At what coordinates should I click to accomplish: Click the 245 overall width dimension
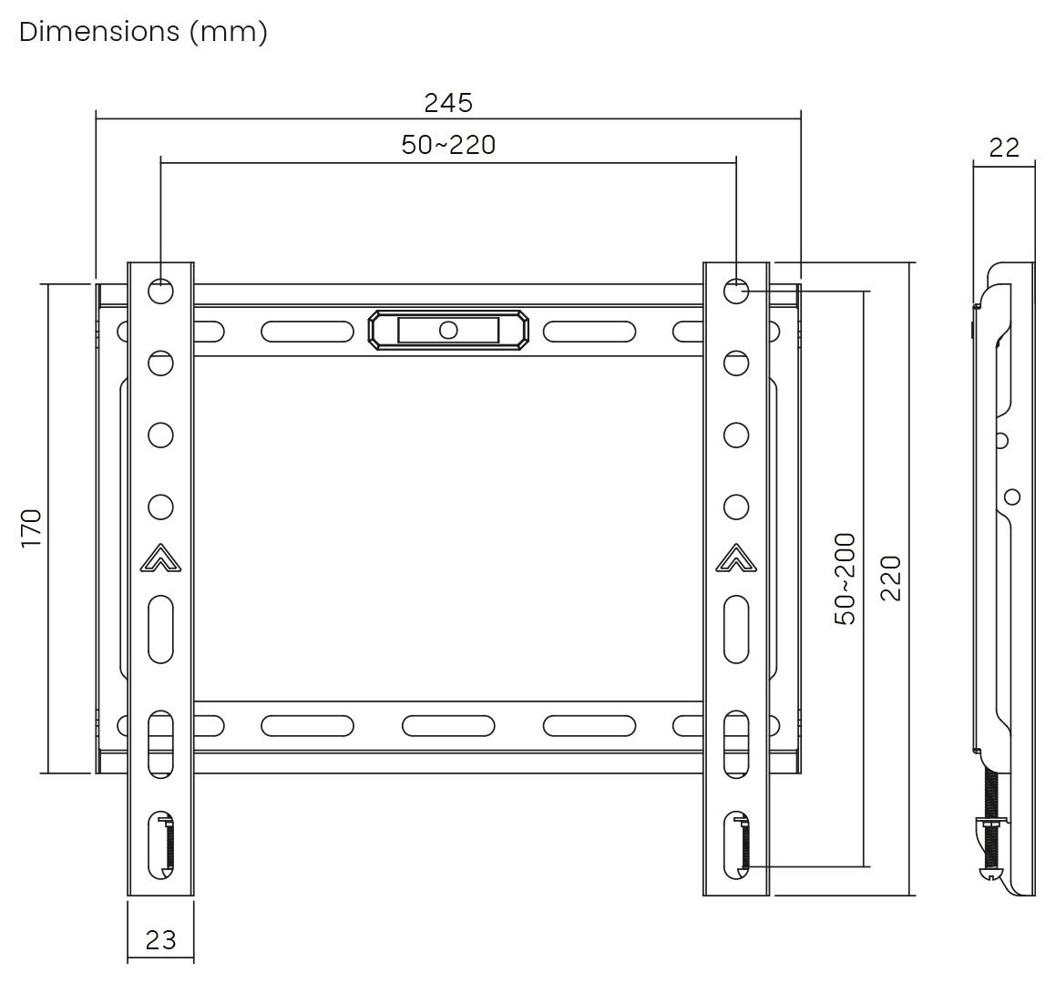[448, 103]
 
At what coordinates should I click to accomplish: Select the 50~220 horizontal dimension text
[448, 145]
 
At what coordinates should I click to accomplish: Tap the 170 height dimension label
[32, 528]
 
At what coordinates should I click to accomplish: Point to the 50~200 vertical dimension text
[846, 579]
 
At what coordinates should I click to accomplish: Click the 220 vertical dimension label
[890, 579]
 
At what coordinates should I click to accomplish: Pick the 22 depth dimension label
[1003, 148]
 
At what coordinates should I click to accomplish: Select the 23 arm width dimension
[160, 939]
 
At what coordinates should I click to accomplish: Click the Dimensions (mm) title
[143, 32]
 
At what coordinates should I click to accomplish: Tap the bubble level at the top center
[447, 330]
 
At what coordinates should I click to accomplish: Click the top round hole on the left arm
[160, 292]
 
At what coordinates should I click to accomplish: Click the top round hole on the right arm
[735, 292]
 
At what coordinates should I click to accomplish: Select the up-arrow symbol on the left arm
[160, 558]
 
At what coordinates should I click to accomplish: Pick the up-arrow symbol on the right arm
[735, 558]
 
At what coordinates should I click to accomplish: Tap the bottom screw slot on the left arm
[160, 845]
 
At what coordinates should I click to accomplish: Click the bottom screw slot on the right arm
[735, 845]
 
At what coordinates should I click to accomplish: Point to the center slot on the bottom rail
[447, 726]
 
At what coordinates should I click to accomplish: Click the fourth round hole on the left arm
[160, 507]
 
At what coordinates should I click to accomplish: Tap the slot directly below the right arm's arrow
[735, 630]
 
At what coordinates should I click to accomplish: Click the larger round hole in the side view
[1011, 497]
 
